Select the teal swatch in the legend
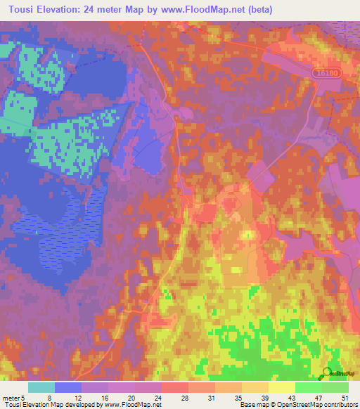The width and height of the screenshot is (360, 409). coord(41,387)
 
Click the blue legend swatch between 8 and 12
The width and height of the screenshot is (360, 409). coord(68,387)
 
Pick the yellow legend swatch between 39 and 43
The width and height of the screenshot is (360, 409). coord(282,387)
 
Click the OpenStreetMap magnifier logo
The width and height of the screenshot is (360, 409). coord(328,372)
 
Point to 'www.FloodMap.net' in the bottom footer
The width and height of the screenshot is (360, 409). coord(133,405)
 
